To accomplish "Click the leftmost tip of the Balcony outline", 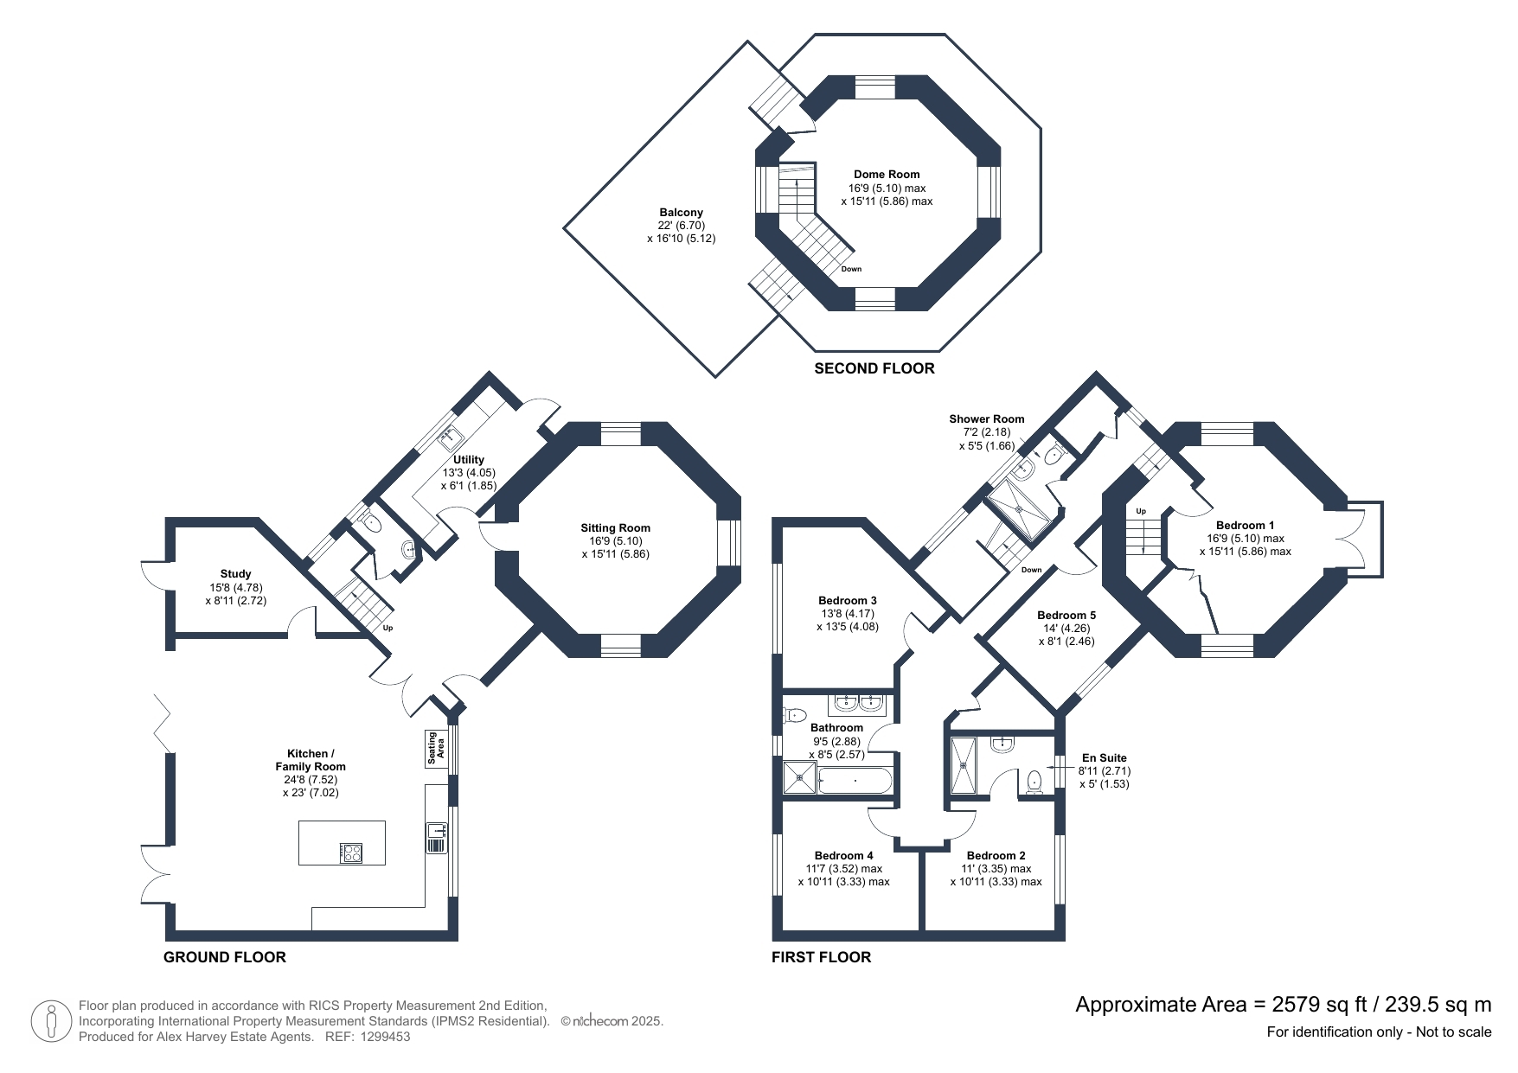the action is click(x=564, y=229).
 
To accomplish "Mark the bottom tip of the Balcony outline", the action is click(x=715, y=377).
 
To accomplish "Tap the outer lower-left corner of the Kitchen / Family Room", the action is click(x=166, y=940).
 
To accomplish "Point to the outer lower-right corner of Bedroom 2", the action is click(x=1065, y=940).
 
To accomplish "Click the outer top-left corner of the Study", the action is click(x=166, y=518).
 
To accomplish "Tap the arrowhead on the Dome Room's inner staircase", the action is click(x=796, y=182).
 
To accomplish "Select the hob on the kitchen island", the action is click(x=352, y=853).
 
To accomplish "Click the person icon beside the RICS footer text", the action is click(x=51, y=1021).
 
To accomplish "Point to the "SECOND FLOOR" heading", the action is click(x=874, y=368).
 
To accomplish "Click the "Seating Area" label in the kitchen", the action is click(x=435, y=749).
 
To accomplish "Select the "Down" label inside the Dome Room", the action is click(x=852, y=269).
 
